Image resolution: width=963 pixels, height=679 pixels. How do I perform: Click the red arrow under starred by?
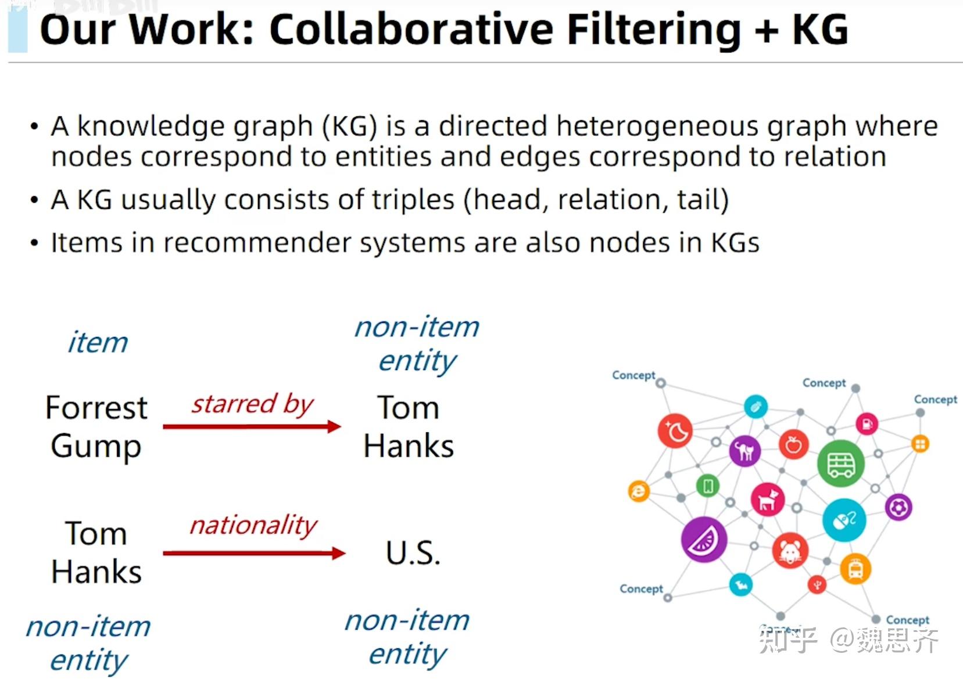[x=252, y=427]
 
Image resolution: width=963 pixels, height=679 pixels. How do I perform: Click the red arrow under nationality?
[x=254, y=553]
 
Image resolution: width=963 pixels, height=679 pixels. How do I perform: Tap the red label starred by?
[x=252, y=404]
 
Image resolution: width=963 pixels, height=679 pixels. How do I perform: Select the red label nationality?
[x=253, y=525]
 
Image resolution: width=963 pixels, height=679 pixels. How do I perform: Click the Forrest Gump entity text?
[x=96, y=427]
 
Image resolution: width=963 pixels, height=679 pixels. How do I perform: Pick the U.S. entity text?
[x=413, y=553]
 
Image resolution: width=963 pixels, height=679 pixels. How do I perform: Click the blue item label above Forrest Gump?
[x=98, y=342]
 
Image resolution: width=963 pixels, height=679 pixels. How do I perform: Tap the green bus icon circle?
[x=840, y=464]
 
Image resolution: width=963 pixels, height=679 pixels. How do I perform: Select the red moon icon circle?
[x=675, y=431]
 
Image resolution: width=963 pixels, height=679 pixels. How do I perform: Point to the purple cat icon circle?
[x=744, y=451]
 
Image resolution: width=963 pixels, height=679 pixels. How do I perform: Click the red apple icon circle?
[x=793, y=446]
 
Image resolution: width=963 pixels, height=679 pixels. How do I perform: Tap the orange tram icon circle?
[x=855, y=569]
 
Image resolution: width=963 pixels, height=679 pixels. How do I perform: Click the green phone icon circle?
[x=707, y=486]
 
